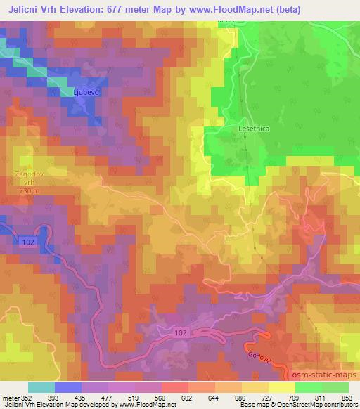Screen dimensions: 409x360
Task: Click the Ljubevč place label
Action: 85,91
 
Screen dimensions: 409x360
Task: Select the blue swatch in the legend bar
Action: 68,387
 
